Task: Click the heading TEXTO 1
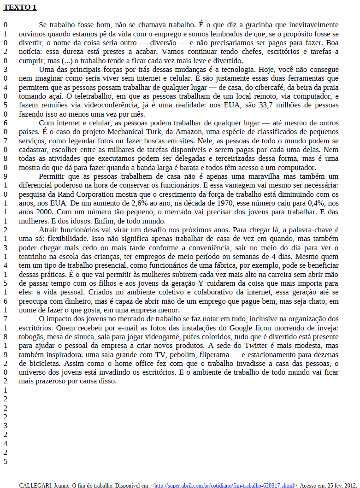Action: tap(20, 7)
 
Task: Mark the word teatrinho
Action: tap(34, 257)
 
